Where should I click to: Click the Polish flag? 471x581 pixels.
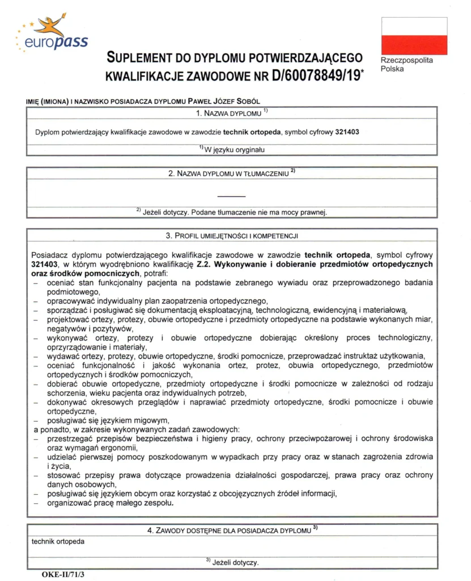tap(414, 36)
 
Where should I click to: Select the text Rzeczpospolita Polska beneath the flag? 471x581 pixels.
tap(406, 65)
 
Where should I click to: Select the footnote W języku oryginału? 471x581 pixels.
tap(232, 150)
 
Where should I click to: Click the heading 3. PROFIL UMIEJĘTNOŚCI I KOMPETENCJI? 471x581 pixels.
tap(232, 235)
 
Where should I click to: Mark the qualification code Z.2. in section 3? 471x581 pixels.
tap(204, 264)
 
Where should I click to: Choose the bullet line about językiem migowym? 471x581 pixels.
tap(109, 420)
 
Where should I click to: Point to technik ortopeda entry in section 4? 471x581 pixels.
tap(58, 541)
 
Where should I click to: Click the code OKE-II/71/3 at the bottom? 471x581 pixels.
tap(63, 574)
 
